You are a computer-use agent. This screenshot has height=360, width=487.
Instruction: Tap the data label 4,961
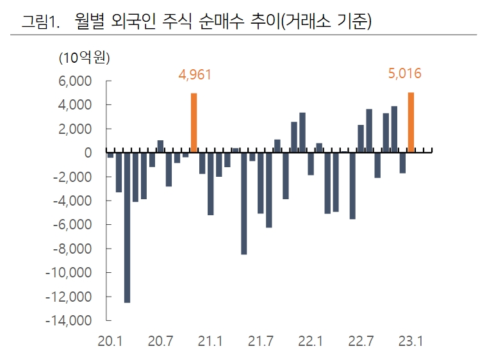[195, 75]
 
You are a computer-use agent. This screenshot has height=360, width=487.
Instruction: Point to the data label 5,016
[405, 74]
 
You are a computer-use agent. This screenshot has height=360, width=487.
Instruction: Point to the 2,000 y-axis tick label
[78, 129]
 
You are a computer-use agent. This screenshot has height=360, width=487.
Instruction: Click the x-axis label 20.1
[110, 341]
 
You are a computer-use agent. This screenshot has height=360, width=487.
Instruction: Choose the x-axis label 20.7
[160, 341]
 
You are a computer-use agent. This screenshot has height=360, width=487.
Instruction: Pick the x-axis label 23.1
[410, 341]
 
